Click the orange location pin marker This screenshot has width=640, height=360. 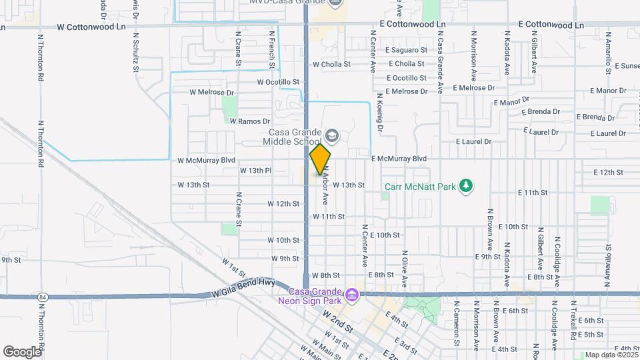tap(320, 159)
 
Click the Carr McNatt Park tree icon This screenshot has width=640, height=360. tap(467, 185)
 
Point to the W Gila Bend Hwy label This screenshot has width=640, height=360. tap(243, 287)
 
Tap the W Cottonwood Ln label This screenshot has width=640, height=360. tap(91, 27)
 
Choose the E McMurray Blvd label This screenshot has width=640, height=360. tap(399, 159)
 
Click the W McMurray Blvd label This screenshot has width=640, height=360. tap(207, 161)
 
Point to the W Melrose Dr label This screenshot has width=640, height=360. tap(212, 92)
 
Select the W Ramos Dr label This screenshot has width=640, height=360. tap(250, 121)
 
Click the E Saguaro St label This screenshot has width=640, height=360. tap(406, 50)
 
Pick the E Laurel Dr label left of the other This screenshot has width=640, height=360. tap(473, 141)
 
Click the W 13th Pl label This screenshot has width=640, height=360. tap(255, 171)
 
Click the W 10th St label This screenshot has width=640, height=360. tap(283, 240)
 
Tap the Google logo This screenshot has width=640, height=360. tap(22, 351)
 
